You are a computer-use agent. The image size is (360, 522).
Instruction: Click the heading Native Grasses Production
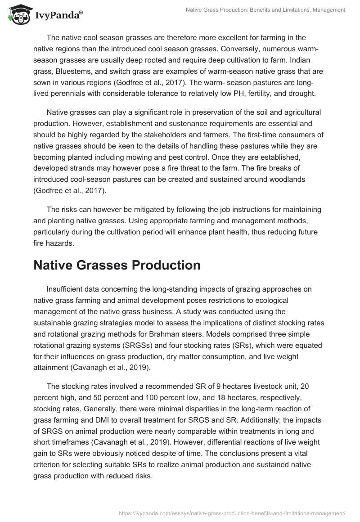pyautogui.click(x=117, y=265)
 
